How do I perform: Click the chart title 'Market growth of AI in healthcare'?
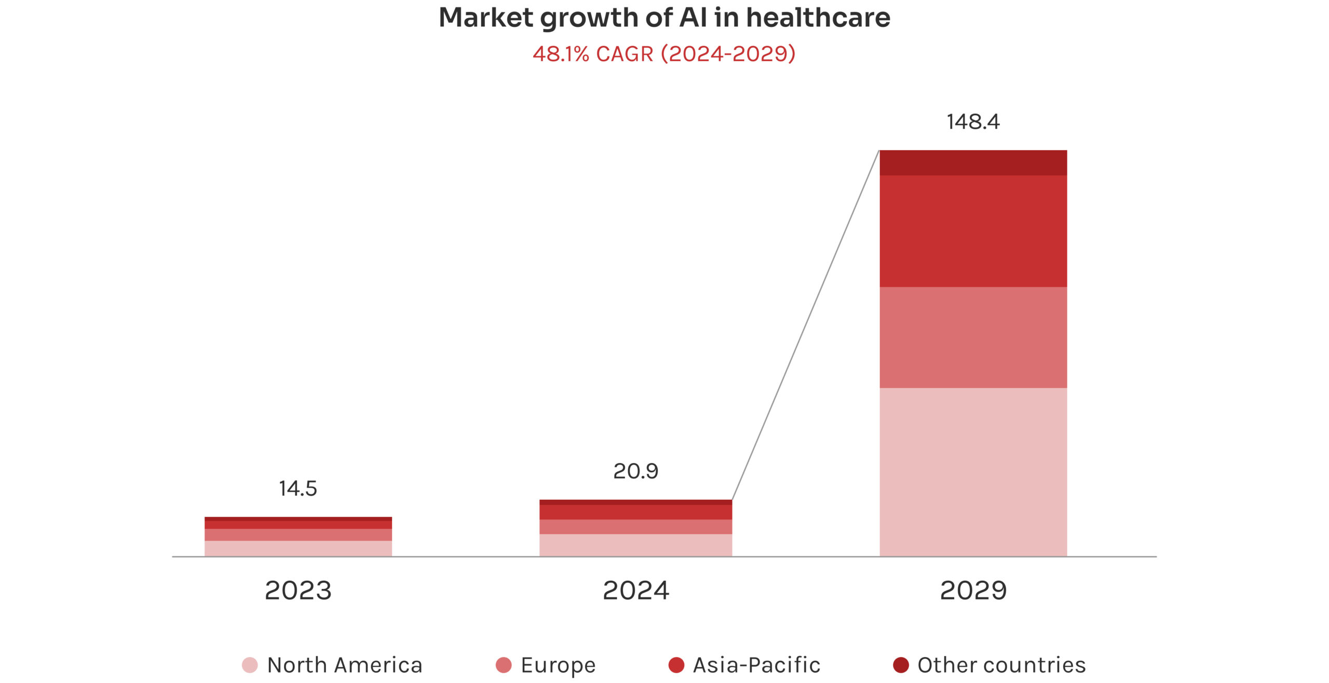pyautogui.click(x=664, y=18)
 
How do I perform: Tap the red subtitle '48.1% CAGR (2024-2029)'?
pyautogui.click(x=664, y=54)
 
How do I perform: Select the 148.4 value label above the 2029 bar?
pyautogui.click(x=973, y=122)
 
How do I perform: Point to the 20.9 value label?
pyautogui.click(x=635, y=471)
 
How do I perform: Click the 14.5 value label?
pyautogui.click(x=297, y=488)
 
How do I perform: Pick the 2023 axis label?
pyautogui.click(x=298, y=591)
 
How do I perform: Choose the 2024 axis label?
pyautogui.click(x=635, y=591)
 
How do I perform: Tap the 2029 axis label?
pyautogui.click(x=973, y=591)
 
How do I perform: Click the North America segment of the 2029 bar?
pyautogui.click(x=973, y=472)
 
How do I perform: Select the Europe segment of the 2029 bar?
pyautogui.click(x=973, y=337)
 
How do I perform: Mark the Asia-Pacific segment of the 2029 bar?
pyautogui.click(x=973, y=231)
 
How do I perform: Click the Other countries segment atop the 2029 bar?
pyautogui.click(x=973, y=162)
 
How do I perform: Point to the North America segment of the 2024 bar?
pyautogui.click(x=635, y=545)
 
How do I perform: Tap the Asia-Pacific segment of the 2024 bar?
pyautogui.click(x=635, y=512)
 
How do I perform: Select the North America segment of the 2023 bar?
pyautogui.click(x=298, y=549)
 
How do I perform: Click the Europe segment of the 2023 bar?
pyautogui.click(x=298, y=535)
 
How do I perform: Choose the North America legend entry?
pyautogui.click(x=332, y=665)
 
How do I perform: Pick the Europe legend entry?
pyautogui.click(x=546, y=665)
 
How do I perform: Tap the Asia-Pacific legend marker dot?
pyautogui.click(x=676, y=665)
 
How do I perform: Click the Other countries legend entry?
pyautogui.click(x=989, y=665)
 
